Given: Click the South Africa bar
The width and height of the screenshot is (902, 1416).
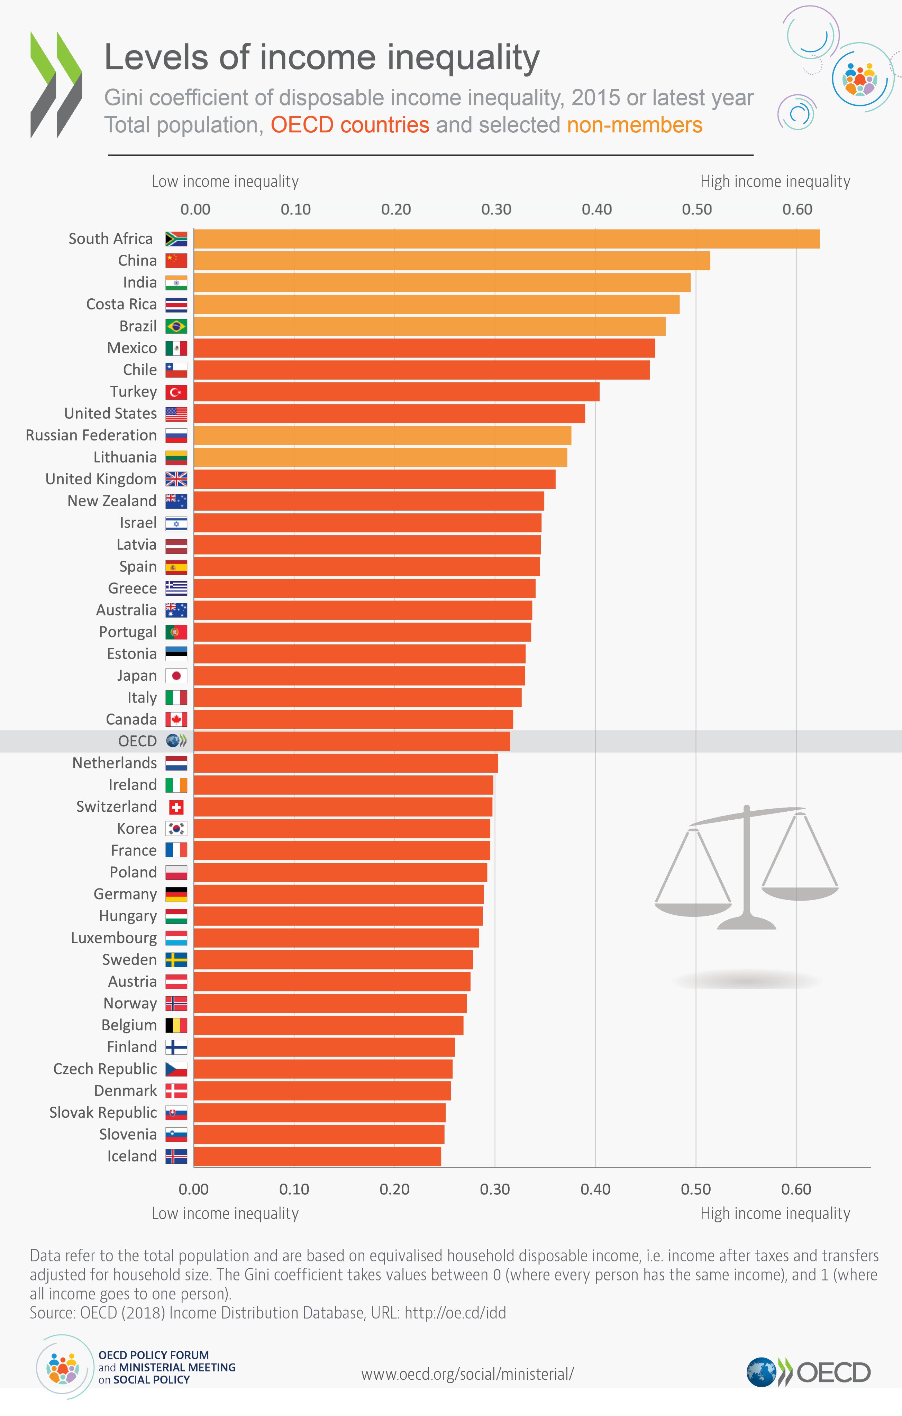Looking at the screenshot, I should coord(506,239).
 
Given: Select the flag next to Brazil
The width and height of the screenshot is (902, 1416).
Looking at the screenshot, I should coord(176,326).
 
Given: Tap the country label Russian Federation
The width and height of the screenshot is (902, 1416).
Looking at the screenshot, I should coord(91,435).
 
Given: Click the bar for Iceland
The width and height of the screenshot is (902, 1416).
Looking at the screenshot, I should coord(318,1156).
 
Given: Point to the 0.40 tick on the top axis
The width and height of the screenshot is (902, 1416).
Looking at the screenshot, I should coord(596,209).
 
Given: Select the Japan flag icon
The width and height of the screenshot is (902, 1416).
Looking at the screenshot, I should coord(176,676).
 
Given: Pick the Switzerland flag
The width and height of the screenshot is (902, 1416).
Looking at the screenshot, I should coord(176,807).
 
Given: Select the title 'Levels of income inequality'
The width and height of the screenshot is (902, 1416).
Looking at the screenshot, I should coord(322,58).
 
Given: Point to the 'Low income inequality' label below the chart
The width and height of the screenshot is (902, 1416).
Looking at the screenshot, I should coord(225,1213).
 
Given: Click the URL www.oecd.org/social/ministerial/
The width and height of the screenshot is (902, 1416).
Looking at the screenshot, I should coord(467,1374).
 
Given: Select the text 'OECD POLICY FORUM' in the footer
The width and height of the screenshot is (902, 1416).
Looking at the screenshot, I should coord(154,1355).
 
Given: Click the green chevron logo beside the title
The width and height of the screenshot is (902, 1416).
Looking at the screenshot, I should coord(56,85).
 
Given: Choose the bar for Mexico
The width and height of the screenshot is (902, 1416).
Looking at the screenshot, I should coord(423,348).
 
